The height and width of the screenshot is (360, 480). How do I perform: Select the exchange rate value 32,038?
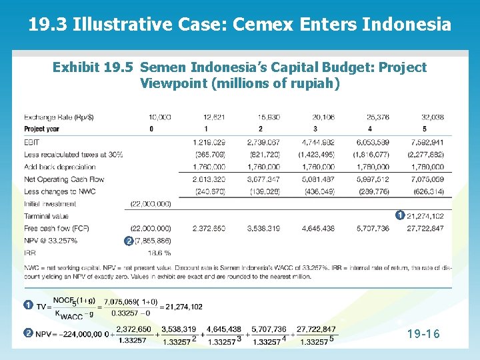[432, 117]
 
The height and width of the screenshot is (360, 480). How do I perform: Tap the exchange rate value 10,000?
[159, 117]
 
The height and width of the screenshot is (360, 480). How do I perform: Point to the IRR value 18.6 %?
[158, 253]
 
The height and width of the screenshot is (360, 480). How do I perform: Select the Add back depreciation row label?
[60, 167]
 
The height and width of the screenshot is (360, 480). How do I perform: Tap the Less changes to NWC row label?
[59, 191]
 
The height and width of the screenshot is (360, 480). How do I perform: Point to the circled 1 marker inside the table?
[398, 215]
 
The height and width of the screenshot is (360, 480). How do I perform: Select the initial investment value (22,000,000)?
[150, 203]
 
